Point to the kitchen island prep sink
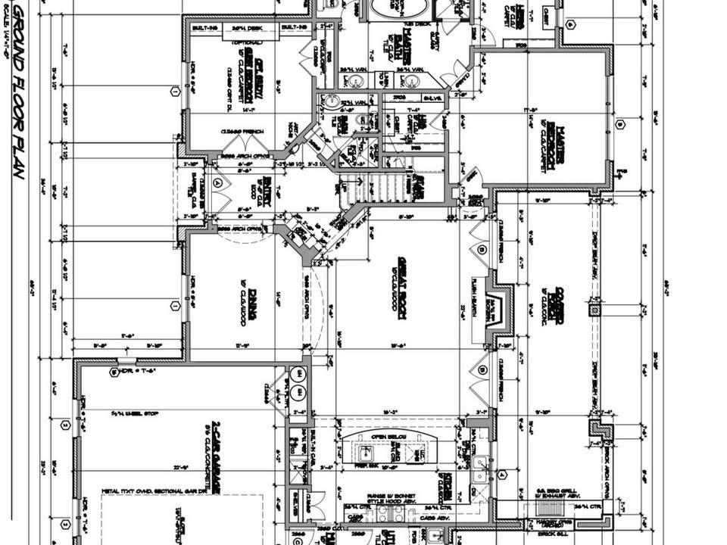(366, 453)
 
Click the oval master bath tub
(397, 9)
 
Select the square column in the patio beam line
(594, 310)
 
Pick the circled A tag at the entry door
(218, 182)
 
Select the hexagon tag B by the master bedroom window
(619, 124)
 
